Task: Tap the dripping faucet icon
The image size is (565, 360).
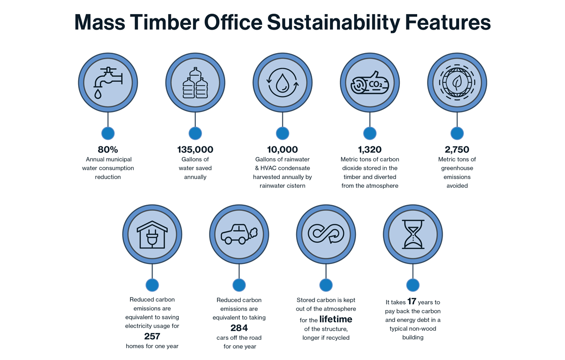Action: click(x=108, y=83)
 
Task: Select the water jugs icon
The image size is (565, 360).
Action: click(x=195, y=83)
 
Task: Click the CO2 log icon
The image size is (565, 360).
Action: click(x=370, y=83)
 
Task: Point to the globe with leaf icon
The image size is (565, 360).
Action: click(x=457, y=83)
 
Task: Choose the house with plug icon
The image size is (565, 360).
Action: click(x=152, y=235)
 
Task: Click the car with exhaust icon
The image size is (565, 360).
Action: click(x=239, y=234)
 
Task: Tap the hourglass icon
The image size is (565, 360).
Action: click(x=413, y=234)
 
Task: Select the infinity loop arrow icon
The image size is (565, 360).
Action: click(x=326, y=234)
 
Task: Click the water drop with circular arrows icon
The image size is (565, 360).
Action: click(x=282, y=83)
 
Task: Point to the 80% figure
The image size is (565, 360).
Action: click(x=108, y=150)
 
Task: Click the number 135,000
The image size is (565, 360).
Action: click(x=195, y=150)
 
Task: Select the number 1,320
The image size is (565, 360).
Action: click(x=370, y=150)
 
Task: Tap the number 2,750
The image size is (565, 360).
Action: click(x=457, y=150)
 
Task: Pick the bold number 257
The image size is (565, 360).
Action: click(x=152, y=336)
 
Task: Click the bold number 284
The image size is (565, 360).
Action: click(x=239, y=328)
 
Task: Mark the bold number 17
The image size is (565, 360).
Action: click(x=412, y=301)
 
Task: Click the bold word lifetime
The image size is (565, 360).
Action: click(x=336, y=320)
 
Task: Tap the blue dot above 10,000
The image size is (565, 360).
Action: click(x=282, y=133)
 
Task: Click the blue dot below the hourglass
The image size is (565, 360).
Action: click(x=413, y=285)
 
